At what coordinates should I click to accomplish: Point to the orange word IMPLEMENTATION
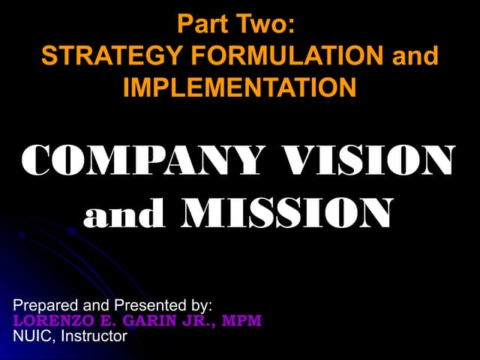pyautogui.click(x=239, y=88)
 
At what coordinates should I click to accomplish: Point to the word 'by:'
pyautogui.click(x=198, y=306)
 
